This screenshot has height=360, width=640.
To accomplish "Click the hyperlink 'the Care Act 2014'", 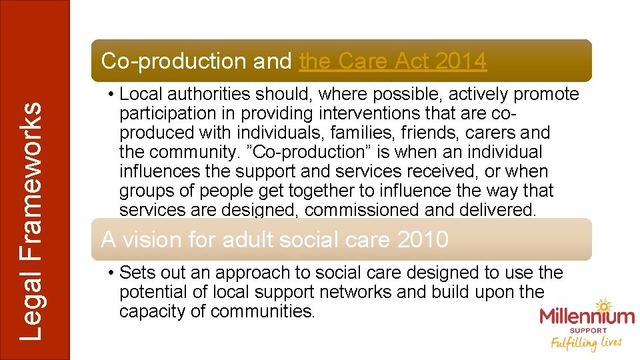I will tap(393, 61).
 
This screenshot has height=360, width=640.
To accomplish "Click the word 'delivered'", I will tap(497, 210).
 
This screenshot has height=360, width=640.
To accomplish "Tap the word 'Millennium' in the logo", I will tap(587, 317).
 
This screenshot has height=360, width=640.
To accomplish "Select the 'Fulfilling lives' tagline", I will tap(586, 343).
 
